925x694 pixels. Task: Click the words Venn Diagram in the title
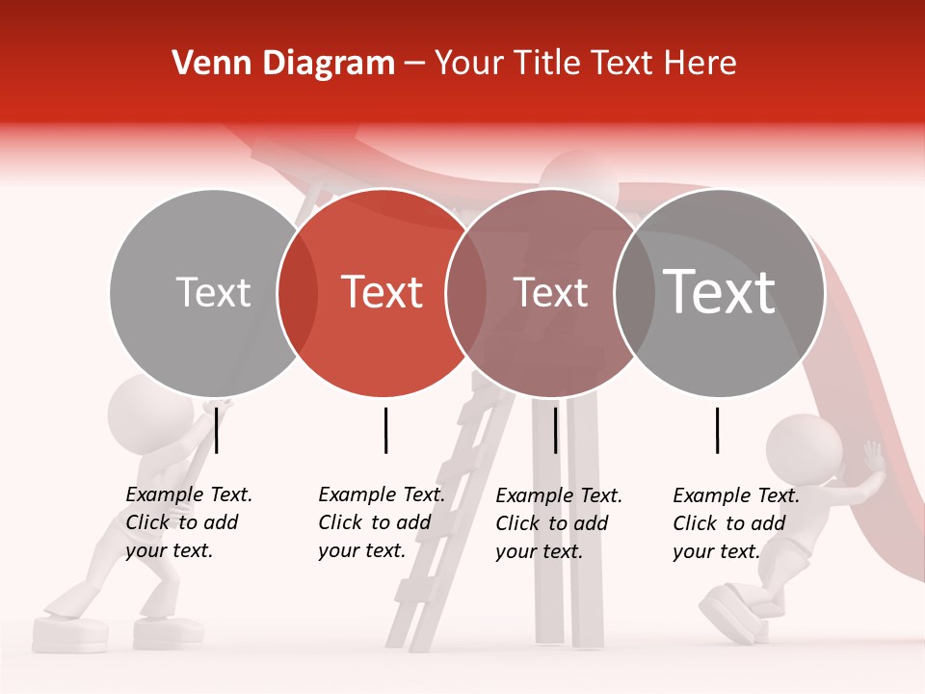[283, 64]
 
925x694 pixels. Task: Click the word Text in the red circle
[383, 292]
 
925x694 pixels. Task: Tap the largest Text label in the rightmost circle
[720, 291]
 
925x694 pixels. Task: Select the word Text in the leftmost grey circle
[213, 292]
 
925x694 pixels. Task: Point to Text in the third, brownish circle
[551, 292]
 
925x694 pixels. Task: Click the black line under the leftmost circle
[217, 430]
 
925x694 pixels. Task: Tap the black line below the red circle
[385, 430]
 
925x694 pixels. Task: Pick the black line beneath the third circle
[555, 430]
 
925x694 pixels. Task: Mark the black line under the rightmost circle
[718, 430]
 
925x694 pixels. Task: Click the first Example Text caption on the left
[189, 522]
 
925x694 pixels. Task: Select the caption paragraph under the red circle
[382, 522]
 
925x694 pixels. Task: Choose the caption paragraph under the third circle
[559, 523]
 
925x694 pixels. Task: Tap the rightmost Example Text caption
[736, 523]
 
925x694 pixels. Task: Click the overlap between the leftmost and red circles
[298, 292]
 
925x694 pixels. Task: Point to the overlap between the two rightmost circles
[635, 292]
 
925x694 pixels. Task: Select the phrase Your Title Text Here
[586, 64]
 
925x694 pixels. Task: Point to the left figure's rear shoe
[70, 631]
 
